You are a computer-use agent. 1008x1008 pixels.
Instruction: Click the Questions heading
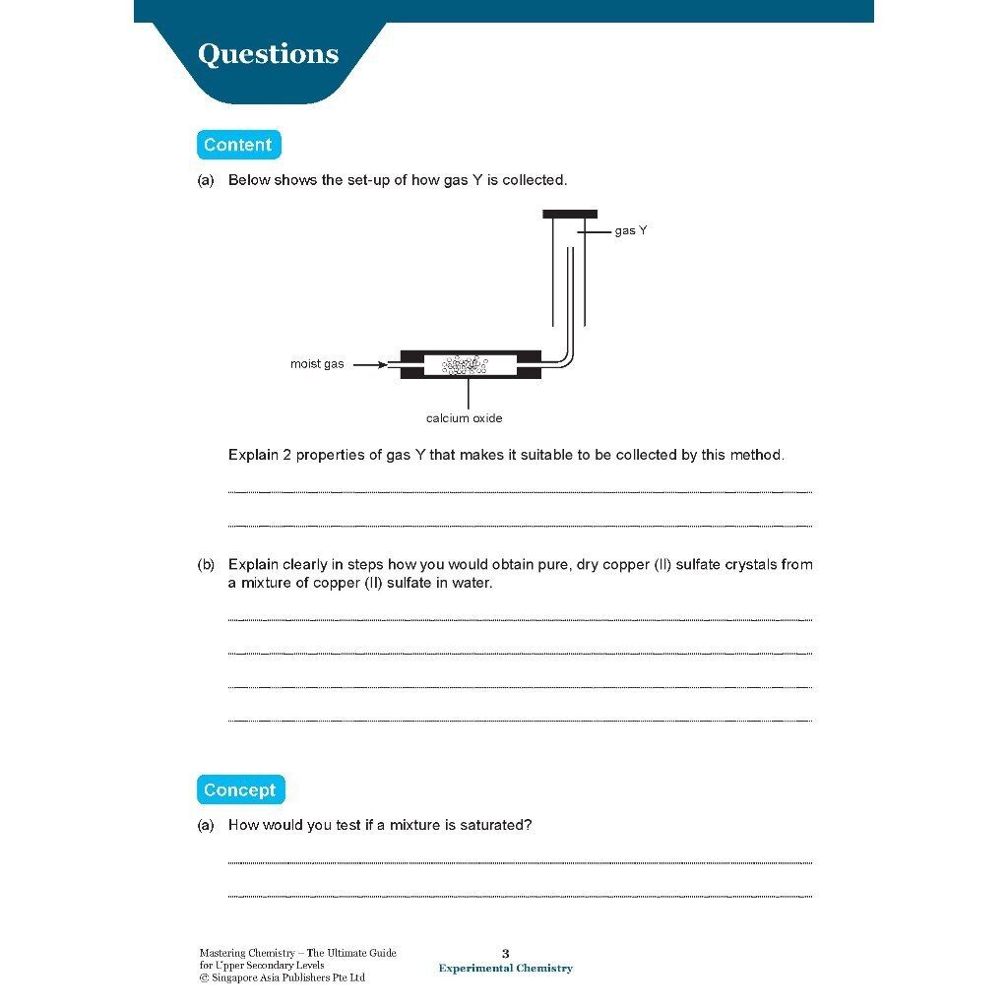[268, 54]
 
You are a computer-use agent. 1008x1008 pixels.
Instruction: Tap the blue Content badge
[237, 145]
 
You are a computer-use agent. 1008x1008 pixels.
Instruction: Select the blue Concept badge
[239, 789]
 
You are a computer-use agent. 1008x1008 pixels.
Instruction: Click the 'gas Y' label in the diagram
[630, 230]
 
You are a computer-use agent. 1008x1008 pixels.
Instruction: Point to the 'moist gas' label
[317, 364]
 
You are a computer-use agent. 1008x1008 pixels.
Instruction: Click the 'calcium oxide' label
[464, 418]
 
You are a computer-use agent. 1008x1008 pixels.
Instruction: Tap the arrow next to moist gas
[370, 364]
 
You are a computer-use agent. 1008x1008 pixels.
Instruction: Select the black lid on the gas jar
[570, 214]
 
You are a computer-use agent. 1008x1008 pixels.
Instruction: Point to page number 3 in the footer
[506, 953]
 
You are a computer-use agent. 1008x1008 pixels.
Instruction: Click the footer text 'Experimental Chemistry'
[505, 969]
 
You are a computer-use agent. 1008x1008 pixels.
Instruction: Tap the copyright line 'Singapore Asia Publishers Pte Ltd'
[287, 977]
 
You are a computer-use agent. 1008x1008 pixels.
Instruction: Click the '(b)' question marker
[206, 565]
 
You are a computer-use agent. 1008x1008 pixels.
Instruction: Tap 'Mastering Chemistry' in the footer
[247, 953]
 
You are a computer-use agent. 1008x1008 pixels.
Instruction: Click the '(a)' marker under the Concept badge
[206, 825]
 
